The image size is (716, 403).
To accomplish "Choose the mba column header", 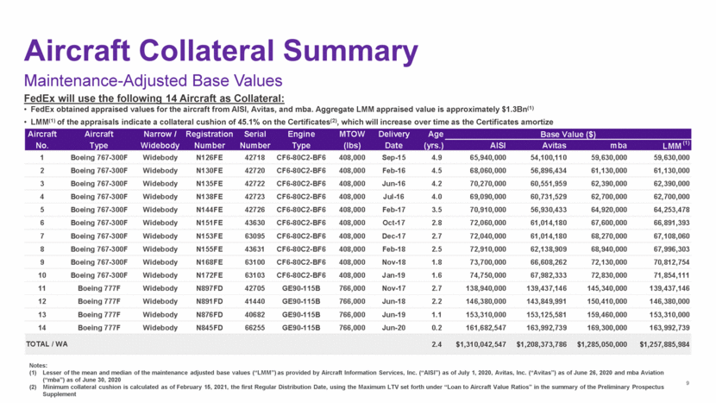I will pyautogui.click(x=613, y=146).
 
